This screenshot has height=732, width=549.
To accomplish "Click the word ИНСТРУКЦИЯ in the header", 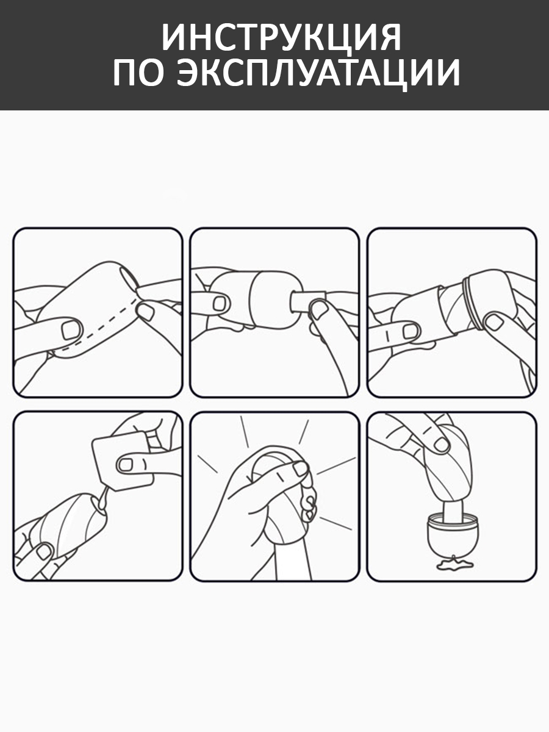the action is pyautogui.click(x=281, y=37).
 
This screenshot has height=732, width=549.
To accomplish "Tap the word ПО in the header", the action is pyautogui.click(x=139, y=73).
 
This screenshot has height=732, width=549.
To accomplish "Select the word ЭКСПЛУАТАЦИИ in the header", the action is pyautogui.click(x=318, y=74).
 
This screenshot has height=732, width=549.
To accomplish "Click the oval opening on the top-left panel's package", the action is pyautogui.click(x=130, y=279).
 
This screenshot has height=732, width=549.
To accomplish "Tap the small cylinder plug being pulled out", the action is pyautogui.click(x=307, y=301).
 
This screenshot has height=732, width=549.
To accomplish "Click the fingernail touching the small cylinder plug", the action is pyautogui.click(x=318, y=309).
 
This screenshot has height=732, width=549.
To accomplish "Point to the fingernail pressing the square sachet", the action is pyautogui.click(x=126, y=465).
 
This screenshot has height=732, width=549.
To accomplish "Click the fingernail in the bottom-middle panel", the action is pyautogui.click(x=301, y=469).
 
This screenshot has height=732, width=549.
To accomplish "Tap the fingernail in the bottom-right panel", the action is pyautogui.click(x=441, y=445).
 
